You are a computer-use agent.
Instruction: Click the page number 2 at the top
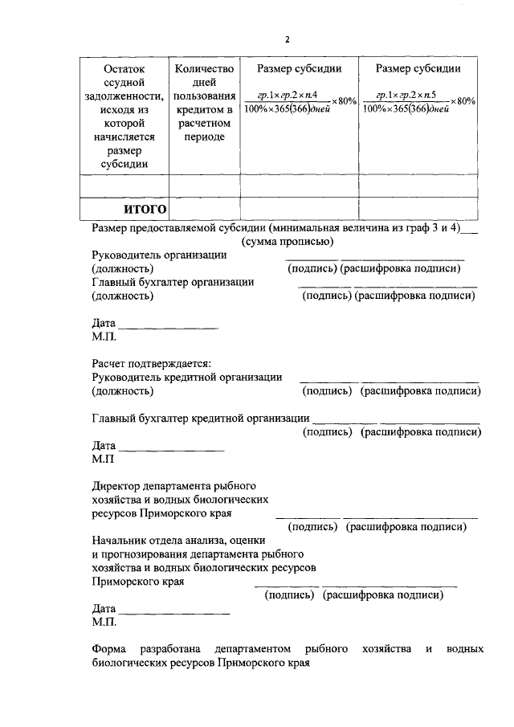click(287, 39)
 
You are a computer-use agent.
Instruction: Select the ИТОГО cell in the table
click(145, 210)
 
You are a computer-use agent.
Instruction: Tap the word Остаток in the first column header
click(126, 69)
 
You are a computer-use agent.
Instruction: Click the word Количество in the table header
click(205, 69)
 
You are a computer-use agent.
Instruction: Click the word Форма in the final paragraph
click(108, 648)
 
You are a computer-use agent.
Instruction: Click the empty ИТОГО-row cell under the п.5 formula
click(418, 210)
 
